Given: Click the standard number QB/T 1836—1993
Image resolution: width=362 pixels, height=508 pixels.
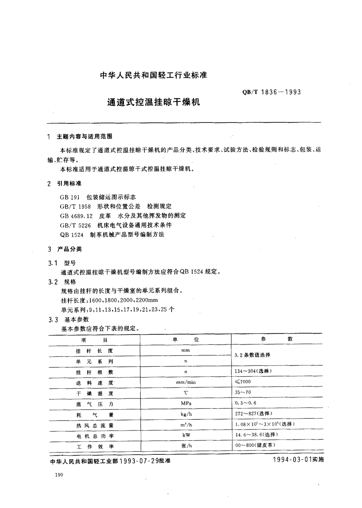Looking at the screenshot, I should (272, 93).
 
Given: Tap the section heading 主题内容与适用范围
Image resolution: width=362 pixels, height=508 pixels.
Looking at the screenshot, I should (85, 136).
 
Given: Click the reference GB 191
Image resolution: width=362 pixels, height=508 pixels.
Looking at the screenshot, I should (67, 197).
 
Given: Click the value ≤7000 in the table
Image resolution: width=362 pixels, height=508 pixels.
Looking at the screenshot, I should (243, 382).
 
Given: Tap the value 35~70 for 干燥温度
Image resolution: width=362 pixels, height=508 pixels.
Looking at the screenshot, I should (243, 392).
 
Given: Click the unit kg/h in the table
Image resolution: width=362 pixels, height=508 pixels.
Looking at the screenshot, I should (186, 414).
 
